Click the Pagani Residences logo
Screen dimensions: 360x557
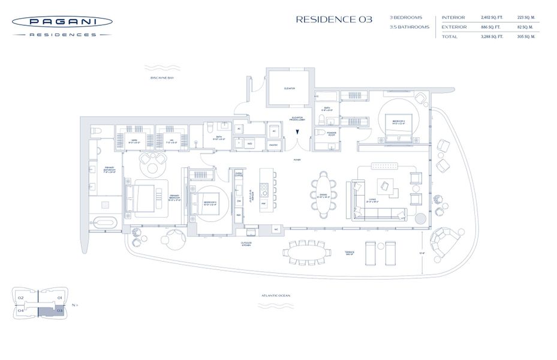[x=62, y=26]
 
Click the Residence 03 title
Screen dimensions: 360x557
[x=334, y=19]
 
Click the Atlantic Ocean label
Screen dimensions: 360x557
[x=276, y=296]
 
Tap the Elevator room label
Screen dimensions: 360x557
[x=290, y=88]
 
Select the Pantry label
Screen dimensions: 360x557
[x=273, y=145]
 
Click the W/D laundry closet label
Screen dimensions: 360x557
[x=250, y=143]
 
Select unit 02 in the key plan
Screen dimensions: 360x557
[x=20, y=298]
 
